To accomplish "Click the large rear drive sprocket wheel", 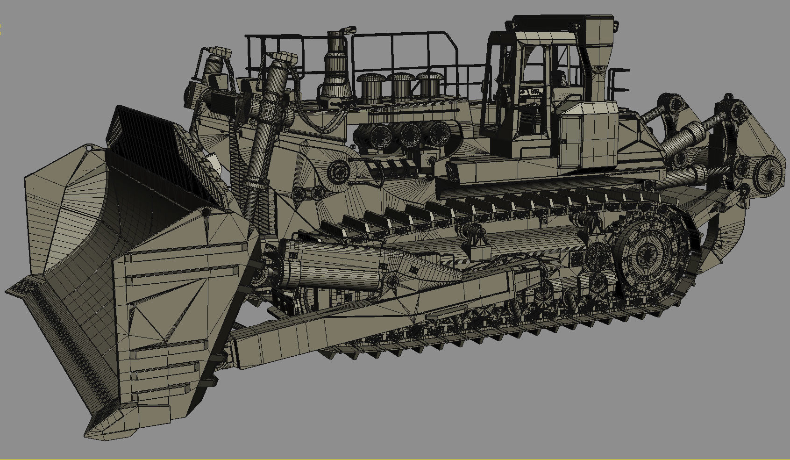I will pos(650,253).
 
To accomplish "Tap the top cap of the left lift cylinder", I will pos(218,52).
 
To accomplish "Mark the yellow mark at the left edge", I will pos(1,29).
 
